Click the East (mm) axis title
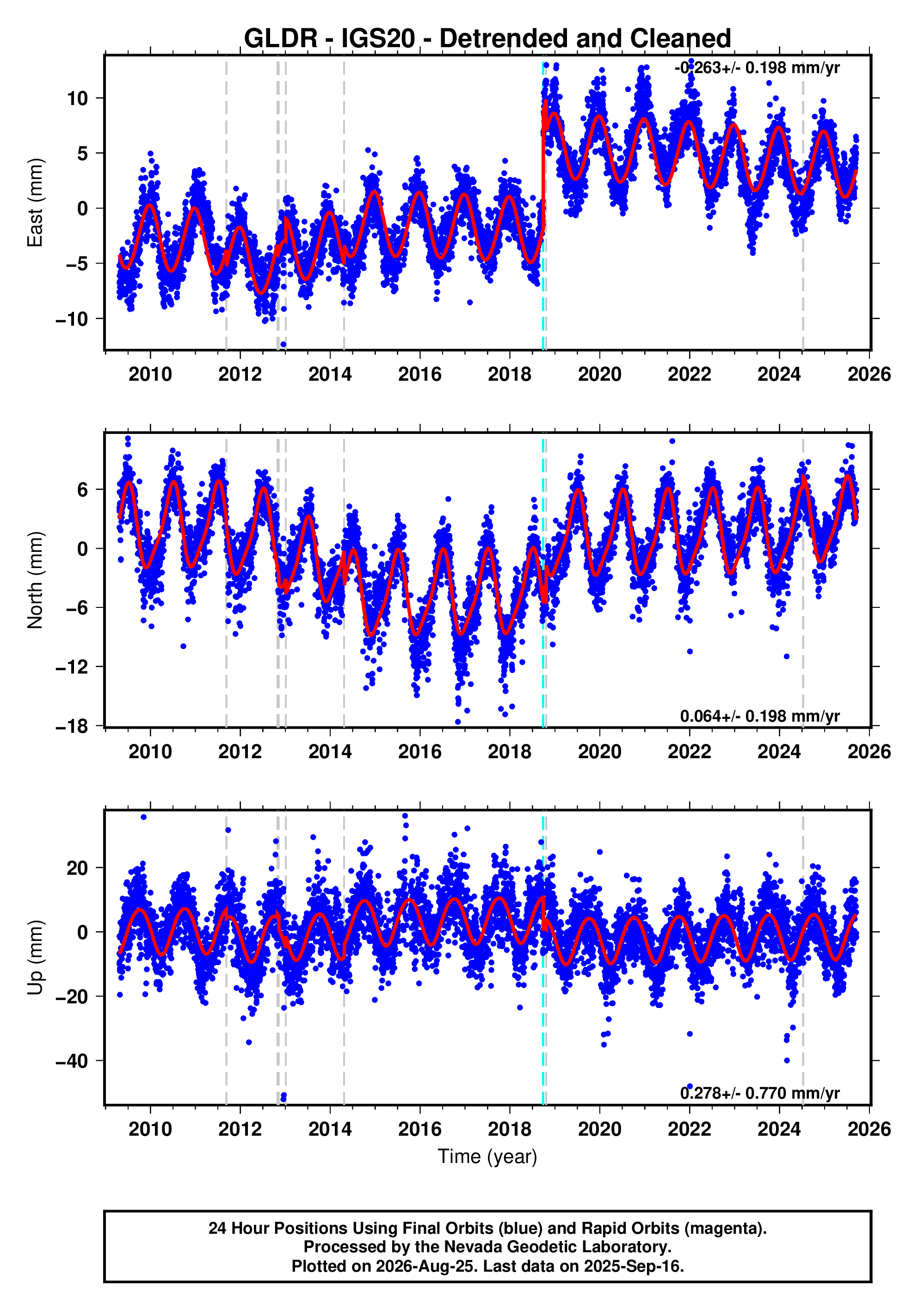point(36,203)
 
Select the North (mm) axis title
point(36,580)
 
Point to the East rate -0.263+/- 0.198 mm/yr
point(757,68)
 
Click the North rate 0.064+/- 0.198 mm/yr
point(760,716)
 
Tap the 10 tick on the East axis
point(78,98)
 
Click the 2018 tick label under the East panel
point(510,375)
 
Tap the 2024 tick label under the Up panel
point(779,1129)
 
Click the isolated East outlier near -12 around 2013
point(283,344)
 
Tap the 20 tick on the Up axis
point(78,868)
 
